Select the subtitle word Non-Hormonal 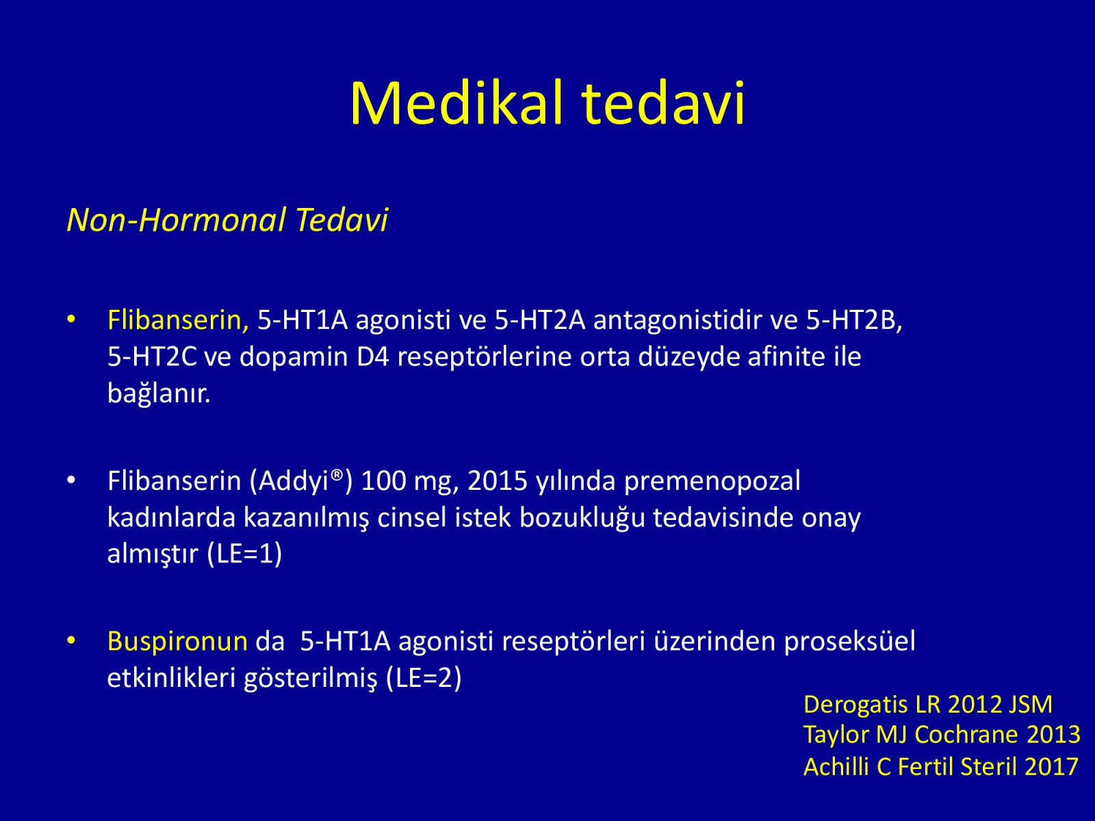(177, 220)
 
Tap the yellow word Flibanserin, (178, 320)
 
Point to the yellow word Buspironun (177, 642)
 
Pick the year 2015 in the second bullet (498, 481)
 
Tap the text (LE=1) (244, 553)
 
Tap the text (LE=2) (424, 677)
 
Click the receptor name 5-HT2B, (854, 320)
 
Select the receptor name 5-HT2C (152, 357)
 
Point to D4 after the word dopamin (373, 357)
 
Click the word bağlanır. (159, 393)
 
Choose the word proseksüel (849, 642)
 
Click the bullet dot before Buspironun (71, 640)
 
